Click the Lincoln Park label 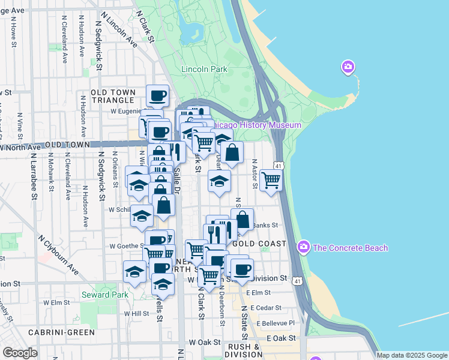click(204, 69)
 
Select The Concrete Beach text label click(351, 248)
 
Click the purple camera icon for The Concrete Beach click(304, 247)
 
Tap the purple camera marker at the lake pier click(348, 67)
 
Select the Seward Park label click(104, 295)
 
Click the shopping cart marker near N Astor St click(271, 178)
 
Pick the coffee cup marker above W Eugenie click(158, 95)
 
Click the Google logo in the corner click(20, 353)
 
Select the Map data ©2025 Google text click(412, 355)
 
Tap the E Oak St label click(282, 338)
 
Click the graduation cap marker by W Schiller click(142, 215)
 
